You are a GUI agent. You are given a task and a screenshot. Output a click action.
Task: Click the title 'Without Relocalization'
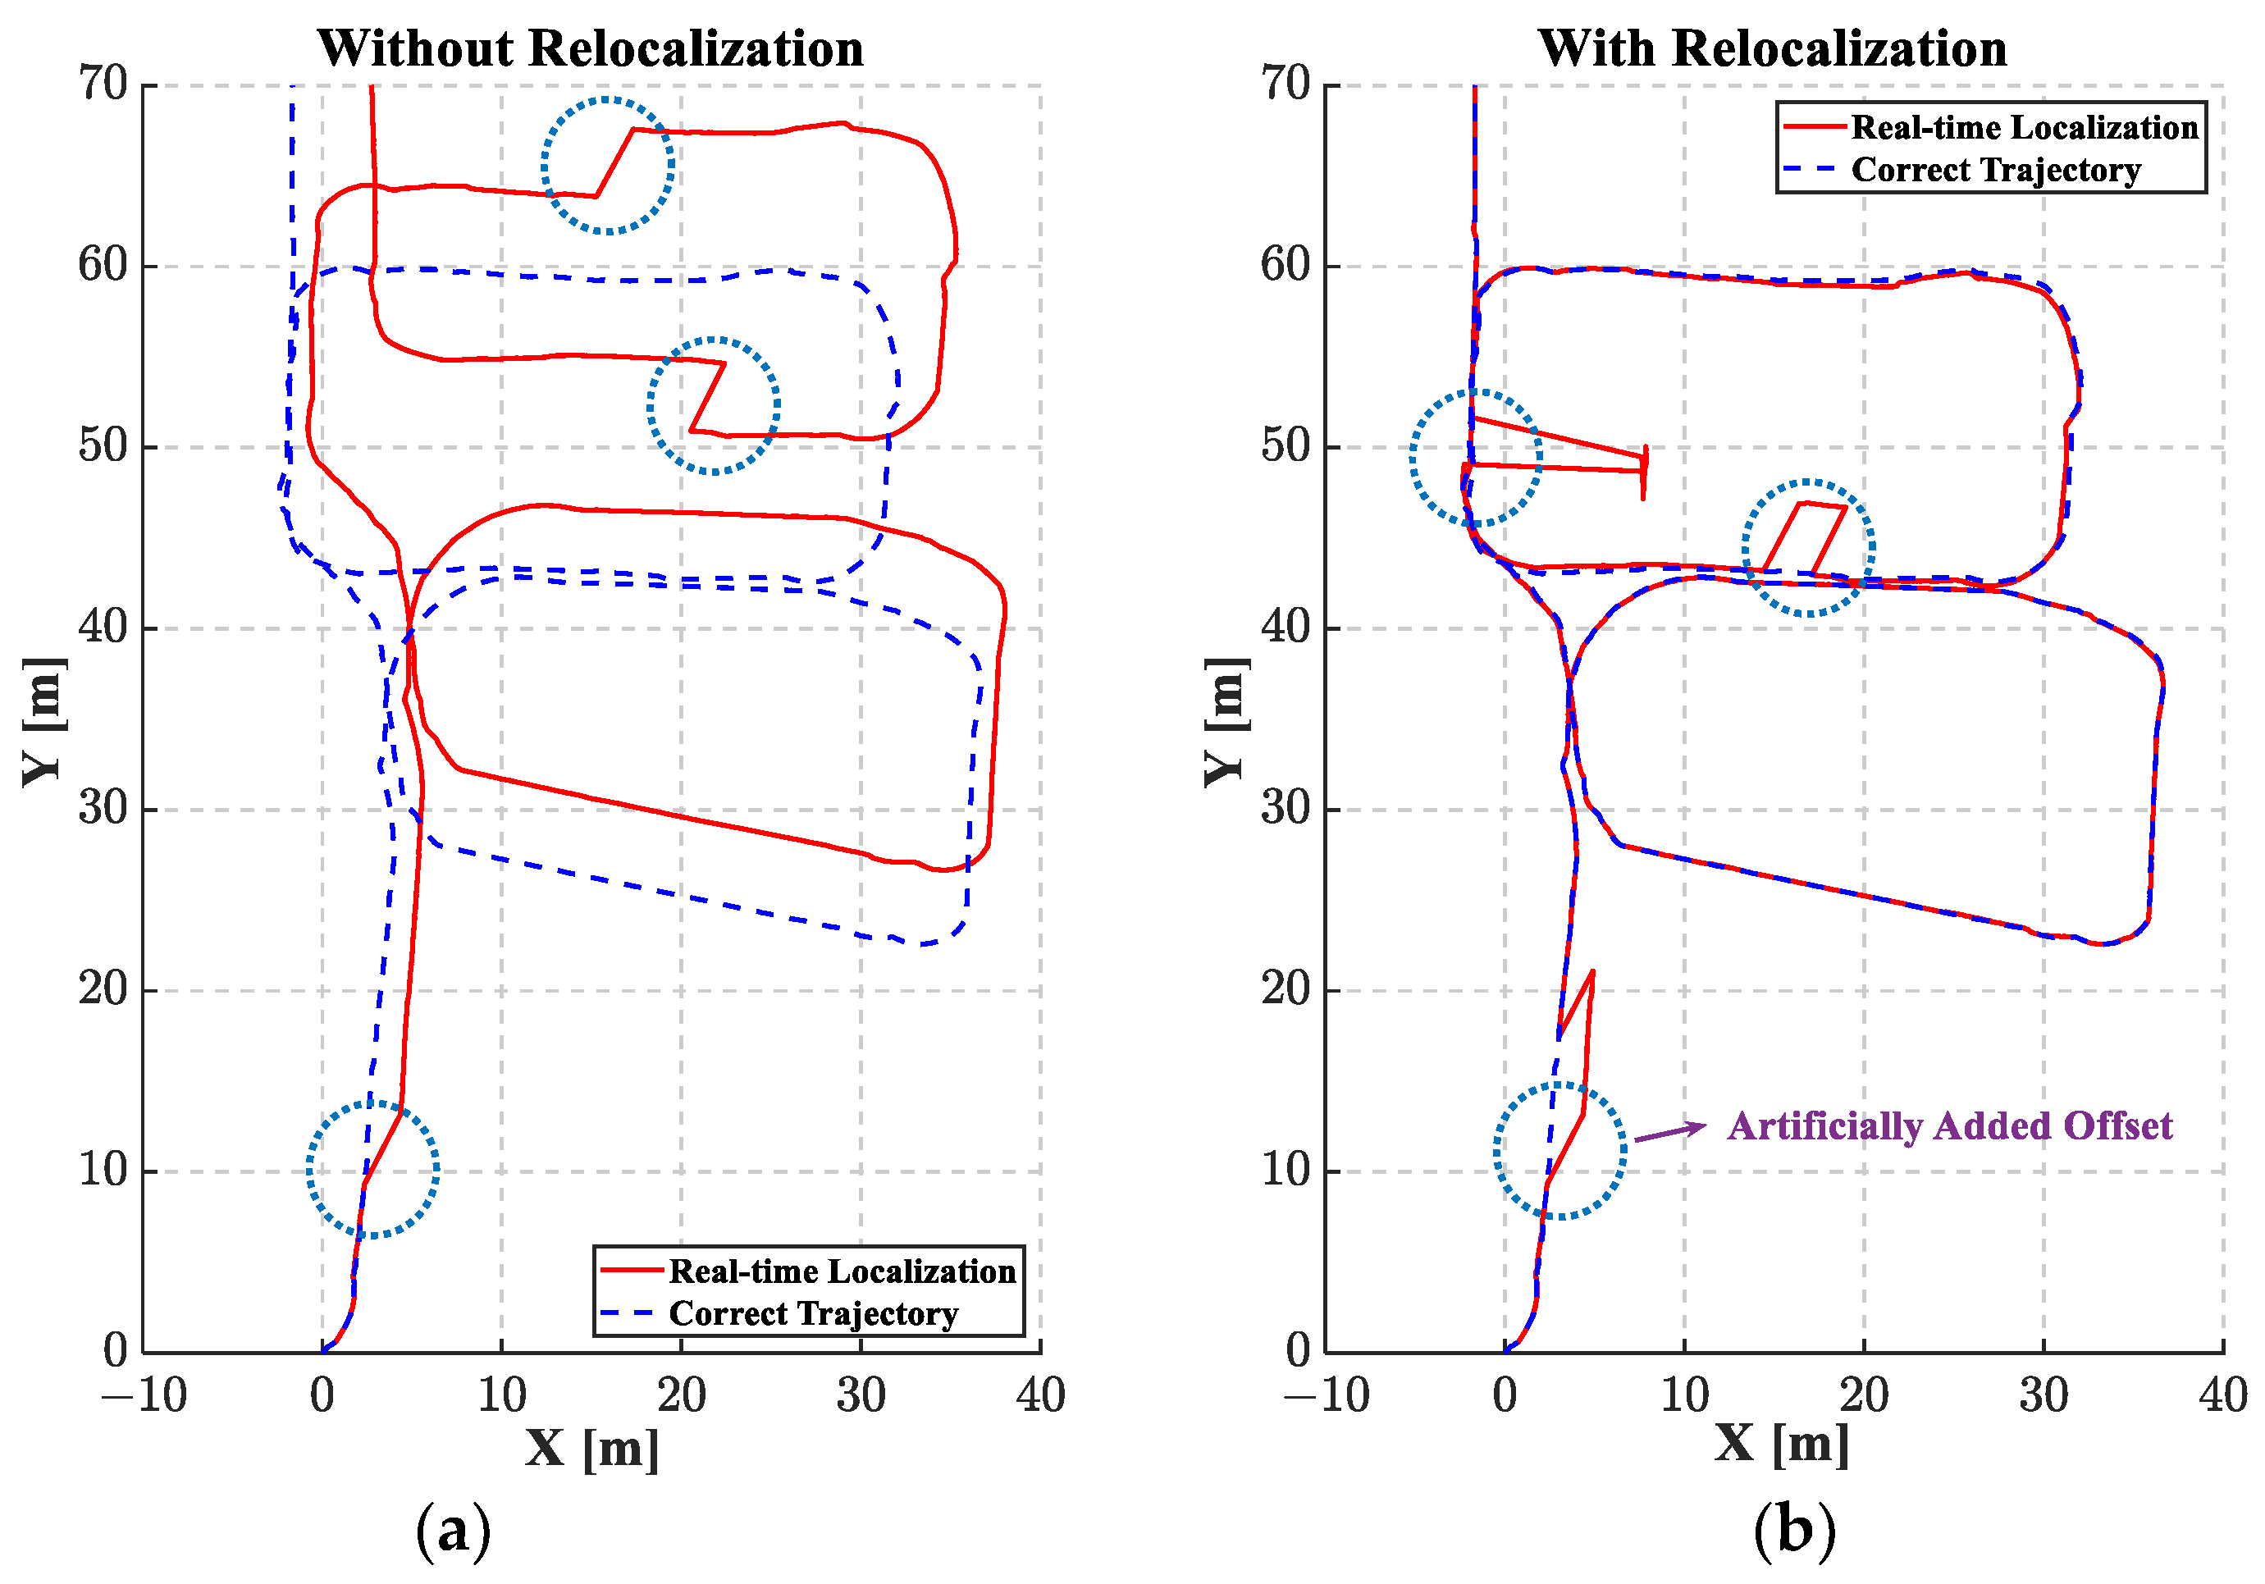pyautogui.click(x=590, y=48)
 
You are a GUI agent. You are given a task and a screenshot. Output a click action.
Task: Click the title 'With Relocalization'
pyautogui.click(x=1772, y=48)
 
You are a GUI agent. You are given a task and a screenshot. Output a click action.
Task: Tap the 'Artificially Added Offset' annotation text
pyautogui.click(x=1949, y=1125)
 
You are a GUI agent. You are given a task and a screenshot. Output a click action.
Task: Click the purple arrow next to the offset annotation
pyautogui.click(x=1669, y=1132)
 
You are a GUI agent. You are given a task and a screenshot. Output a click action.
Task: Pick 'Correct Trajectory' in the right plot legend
pyautogui.click(x=1995, y=170)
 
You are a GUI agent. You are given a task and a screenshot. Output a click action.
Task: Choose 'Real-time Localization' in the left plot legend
pyautogui.click(x=842, y=1271)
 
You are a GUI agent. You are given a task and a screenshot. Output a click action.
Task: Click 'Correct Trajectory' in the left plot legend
pyautogui.click(x=813, y=1314)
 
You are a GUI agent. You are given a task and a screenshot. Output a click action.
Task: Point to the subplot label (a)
pyautogui.click(x=453, y=1531)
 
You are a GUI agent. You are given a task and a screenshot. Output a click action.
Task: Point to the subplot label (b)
pyautogui.click(x=1794, y=1531)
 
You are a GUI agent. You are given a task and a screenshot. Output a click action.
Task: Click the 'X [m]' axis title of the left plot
pyautogui.click(x=592, y=1448)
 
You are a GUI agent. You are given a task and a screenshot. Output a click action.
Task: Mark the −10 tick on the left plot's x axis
pyautogui.click(x=144, y=1395)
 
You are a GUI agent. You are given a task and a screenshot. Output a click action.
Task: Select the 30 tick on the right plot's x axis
pyautogui.click(x=2043, y=1395)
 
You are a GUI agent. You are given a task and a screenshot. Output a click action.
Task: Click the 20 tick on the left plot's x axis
pyautogui.click(x=681, y=1395)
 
